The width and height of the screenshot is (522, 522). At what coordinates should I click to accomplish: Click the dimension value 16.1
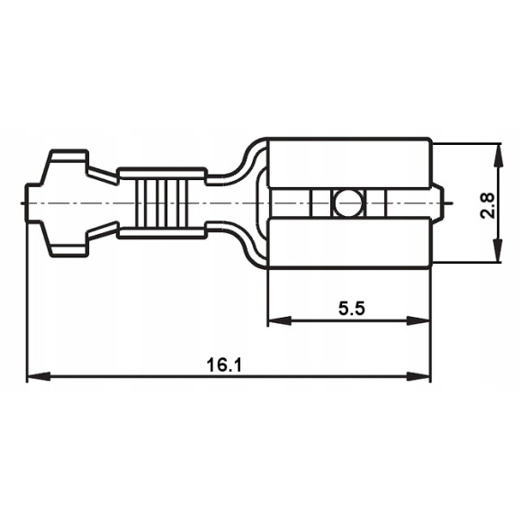pos(225,365)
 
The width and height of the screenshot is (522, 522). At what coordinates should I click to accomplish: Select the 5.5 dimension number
pos(351,308)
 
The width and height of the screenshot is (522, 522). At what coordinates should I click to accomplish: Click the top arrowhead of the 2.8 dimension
pos(497,149)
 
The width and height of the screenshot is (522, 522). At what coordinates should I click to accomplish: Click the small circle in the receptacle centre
pos(346,203)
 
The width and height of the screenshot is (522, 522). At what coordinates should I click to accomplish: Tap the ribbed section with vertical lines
pos(162,203)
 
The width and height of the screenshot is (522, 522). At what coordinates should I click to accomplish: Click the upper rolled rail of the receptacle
pos(349,163)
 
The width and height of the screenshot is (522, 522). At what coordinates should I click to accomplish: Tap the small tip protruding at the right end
pos(439,203)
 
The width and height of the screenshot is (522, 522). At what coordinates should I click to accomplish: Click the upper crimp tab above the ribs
pos(162,172)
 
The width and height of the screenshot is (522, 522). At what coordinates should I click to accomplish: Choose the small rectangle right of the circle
pos(377,203)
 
